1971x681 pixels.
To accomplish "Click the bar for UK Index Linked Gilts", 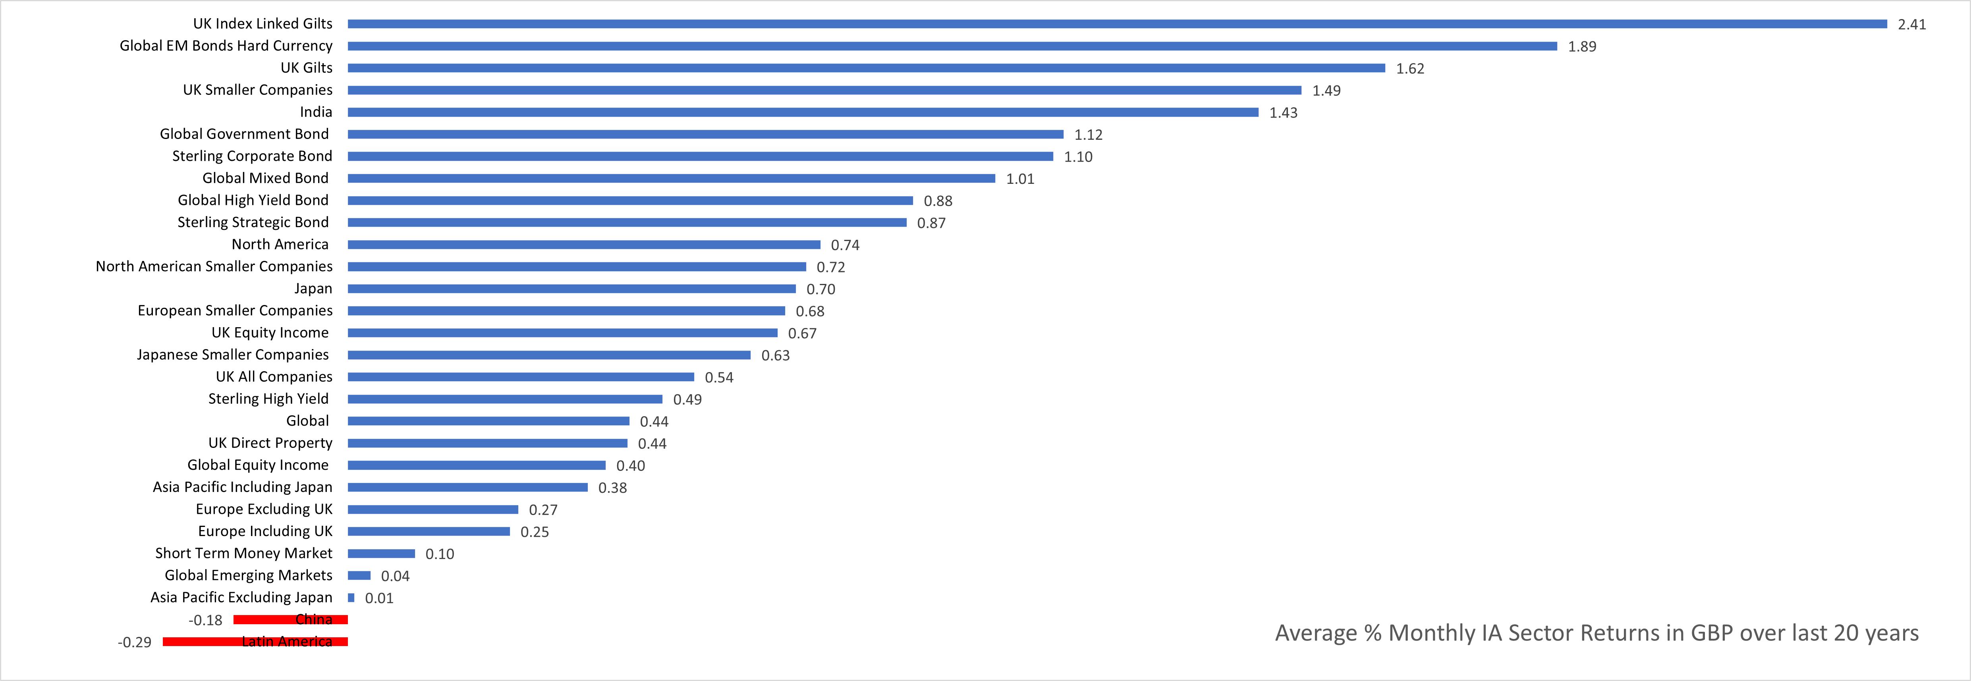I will [x=1117, y=24].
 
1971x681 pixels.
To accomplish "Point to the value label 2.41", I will [x=1911, y=25].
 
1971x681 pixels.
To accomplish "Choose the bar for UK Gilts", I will [x=866, y=68].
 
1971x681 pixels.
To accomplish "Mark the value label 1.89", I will [x=1581, y=47].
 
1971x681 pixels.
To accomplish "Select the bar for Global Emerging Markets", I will [x=359, y=575].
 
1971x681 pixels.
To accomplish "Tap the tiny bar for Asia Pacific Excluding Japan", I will [x=351, y=598].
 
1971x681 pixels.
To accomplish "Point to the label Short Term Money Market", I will [x=243, y=553].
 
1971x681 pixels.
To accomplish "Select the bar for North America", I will [x=584, y=245].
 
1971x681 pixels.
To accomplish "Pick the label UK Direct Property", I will [x=270, y=443].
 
